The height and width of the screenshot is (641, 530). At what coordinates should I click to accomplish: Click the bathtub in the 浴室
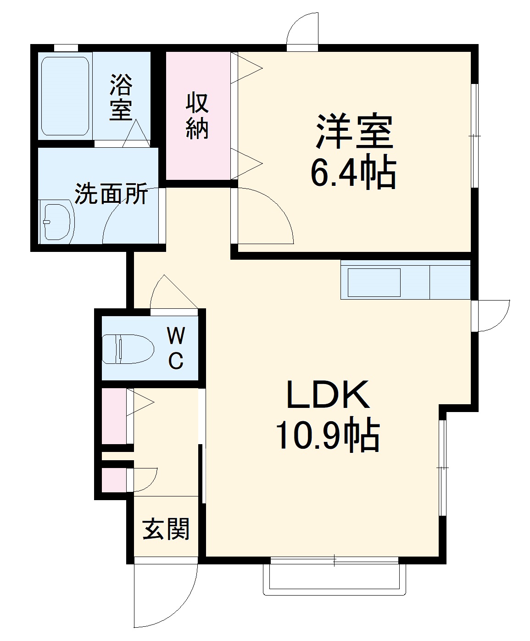[65, 96]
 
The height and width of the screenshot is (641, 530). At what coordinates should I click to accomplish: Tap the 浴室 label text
[121, 97]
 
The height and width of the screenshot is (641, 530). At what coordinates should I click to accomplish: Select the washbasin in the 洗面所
[56, 222]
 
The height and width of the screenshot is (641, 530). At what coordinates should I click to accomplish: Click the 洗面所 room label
[112, 194]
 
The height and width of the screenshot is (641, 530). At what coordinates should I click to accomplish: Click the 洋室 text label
[354, 131]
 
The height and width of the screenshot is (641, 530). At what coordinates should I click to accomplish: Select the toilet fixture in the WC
[128, 349]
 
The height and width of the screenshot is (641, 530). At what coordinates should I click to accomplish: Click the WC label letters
[176, 348]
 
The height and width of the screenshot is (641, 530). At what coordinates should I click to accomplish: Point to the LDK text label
[328, 395]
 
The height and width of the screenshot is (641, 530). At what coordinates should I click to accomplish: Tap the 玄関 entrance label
[166, 529]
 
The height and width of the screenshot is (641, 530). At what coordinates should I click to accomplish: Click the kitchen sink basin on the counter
[374, 283]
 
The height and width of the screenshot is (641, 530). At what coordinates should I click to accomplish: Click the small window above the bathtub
[66, 48]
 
